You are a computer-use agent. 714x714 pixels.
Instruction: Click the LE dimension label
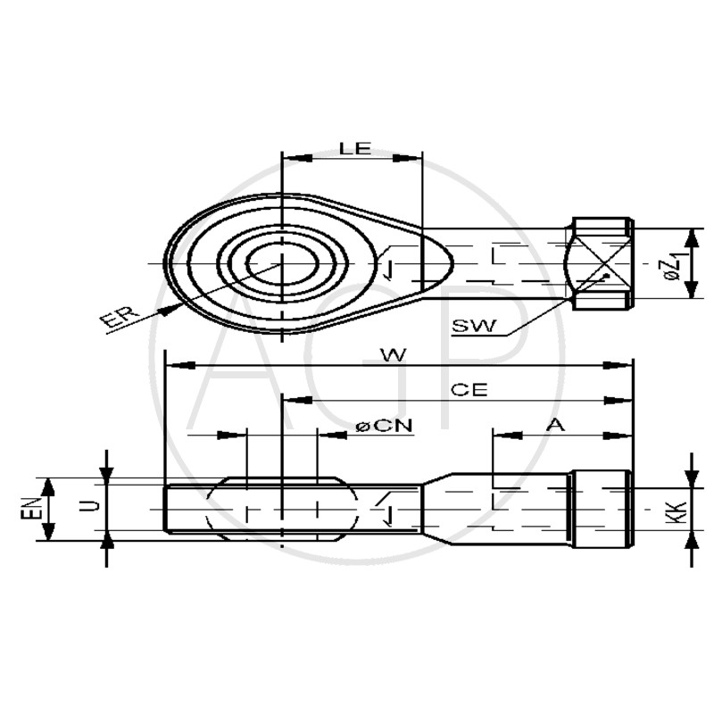tap(355, 148)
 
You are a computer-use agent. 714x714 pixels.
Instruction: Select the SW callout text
tap(474, 326)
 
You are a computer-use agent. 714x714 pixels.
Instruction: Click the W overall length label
tap(393, 354)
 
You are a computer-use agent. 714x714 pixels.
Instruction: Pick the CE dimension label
tap(469, 390)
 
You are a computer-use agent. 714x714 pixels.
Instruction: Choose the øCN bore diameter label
tap(384, 427)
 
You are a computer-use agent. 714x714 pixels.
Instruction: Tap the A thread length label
tap(555, 425)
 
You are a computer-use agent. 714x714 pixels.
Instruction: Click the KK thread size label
tap(676, 511)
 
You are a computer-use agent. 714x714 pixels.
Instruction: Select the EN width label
tap(30, 508)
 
